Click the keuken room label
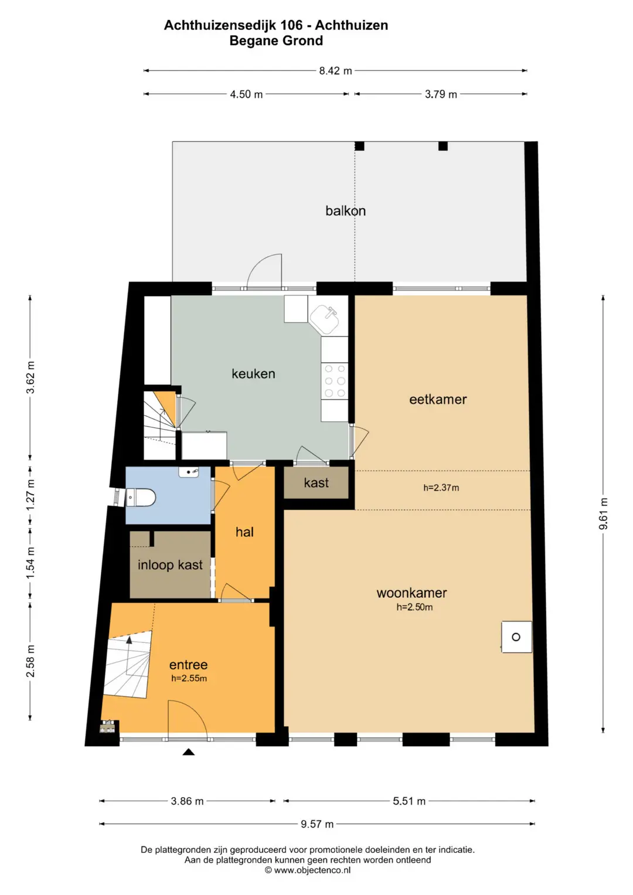[x=253, y=373]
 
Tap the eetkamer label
[x=438, y=399]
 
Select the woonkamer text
[x=411, y=593]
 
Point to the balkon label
[x=345, y=210]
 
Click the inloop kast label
[x=170, y=564]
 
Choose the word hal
[x=244, y=532]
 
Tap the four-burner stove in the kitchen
[x=335, y=381]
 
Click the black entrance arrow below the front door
[x=189, y=753]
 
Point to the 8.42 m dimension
[x=335, y=71]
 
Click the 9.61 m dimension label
[x=603, y=514]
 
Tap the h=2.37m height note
[x=441, y=488]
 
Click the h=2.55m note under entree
[x=189, y=678]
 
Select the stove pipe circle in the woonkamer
[x=516, y=637]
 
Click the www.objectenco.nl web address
[x=312, y=870]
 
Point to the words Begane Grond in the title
[x=276, y=41]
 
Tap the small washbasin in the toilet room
[x=189, y=472]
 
